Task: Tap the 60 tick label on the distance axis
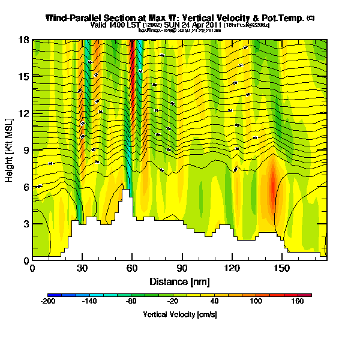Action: [132, 268]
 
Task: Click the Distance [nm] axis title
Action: [179, 281]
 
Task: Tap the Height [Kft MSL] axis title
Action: [10, 150]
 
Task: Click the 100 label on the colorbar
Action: [256, 302]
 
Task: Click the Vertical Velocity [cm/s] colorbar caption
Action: [179, 314]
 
